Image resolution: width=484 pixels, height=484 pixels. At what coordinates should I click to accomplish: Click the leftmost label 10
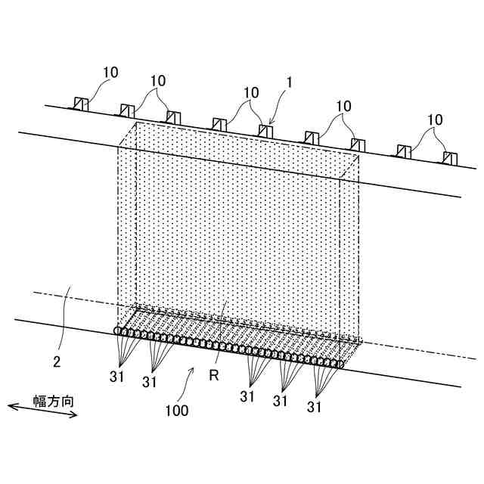pos(110,73)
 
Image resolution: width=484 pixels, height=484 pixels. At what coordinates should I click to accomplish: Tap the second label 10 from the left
pos(158,80)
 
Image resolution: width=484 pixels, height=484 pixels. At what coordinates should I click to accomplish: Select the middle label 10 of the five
pos(251,92)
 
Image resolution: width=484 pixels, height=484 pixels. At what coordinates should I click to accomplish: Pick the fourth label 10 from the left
pos(344,107)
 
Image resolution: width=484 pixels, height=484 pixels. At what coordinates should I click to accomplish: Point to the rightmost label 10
pos(435,119)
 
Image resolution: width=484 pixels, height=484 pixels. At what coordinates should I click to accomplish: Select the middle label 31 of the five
pos(248,396)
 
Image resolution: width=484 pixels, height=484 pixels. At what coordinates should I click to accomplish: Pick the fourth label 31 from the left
pos(281,401)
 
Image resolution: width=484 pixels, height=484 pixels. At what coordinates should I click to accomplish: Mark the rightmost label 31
pos(315,407)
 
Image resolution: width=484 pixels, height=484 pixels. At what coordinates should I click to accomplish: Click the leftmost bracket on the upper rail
pos(80,104)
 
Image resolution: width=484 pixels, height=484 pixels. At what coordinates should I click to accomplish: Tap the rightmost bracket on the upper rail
pos(450,157)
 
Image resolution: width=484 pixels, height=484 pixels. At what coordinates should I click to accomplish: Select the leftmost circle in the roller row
pos(118,331)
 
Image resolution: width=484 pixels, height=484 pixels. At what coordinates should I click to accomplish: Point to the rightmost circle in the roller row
pos(340,365)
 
